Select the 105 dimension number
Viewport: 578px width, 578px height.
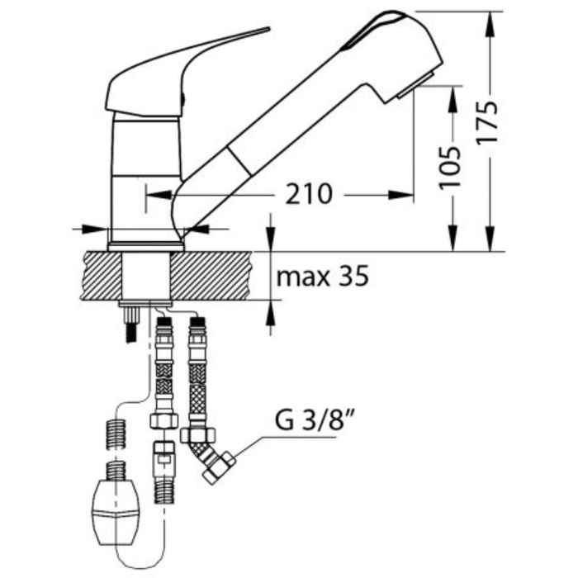451,168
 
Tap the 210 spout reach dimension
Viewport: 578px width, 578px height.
309,194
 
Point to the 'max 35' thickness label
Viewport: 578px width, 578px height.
323,277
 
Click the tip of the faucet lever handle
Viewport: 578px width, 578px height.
269,28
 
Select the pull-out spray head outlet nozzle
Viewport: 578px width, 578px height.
415,85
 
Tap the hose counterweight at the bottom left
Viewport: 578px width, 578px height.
116,510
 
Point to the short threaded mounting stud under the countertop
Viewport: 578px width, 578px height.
131,325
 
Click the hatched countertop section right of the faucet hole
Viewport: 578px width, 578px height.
211,276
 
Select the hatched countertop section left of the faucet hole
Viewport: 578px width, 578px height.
101,276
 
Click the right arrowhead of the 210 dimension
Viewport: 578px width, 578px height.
400,195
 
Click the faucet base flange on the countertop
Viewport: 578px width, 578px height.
146,247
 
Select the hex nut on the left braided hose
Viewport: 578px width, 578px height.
164,420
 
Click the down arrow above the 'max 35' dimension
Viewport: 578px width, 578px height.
271,239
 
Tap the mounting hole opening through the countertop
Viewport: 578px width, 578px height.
146,276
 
